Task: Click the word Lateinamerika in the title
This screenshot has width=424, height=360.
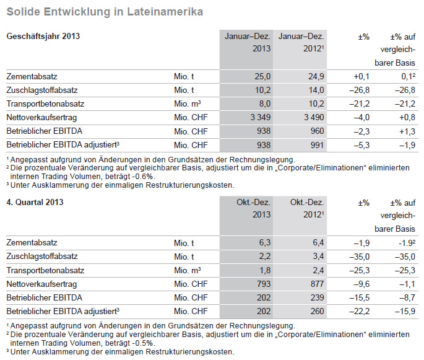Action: click(x=165, y=12)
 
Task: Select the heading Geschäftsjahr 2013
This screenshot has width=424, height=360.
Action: click(x=43, y=37)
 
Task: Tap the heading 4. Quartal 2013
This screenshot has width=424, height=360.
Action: click(x=35, y=202)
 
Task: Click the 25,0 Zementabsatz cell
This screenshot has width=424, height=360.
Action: click(x=262, y=77)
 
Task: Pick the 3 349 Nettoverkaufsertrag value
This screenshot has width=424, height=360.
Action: click(x=260, y=118)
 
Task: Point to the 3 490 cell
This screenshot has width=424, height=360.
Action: click(x=314, y=118)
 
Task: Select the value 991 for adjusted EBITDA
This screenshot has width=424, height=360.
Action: click(x=317, y=145)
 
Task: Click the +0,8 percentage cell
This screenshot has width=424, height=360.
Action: click(x=407, y=118)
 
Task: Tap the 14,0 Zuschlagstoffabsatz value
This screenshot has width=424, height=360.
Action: click(x=316, y=90)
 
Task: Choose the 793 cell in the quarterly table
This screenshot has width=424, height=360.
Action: click(x=264, y=284)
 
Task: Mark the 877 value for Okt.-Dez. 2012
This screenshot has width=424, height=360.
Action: click(x=317, y=284)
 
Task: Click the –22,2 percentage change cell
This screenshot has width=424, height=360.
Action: click(x=360, y=311)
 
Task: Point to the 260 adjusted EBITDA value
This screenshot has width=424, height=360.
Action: click(x=317, y=311)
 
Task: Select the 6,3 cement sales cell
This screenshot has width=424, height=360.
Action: click(x=265, y=242)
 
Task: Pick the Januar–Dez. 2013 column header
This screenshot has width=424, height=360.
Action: click(x=248, y=43)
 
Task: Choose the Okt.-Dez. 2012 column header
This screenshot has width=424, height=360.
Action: click(x=307, y=208)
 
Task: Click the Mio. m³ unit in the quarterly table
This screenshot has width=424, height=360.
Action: click(x=188, y=270)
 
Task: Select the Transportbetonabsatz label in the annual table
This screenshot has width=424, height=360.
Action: click(x=45, y=104)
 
